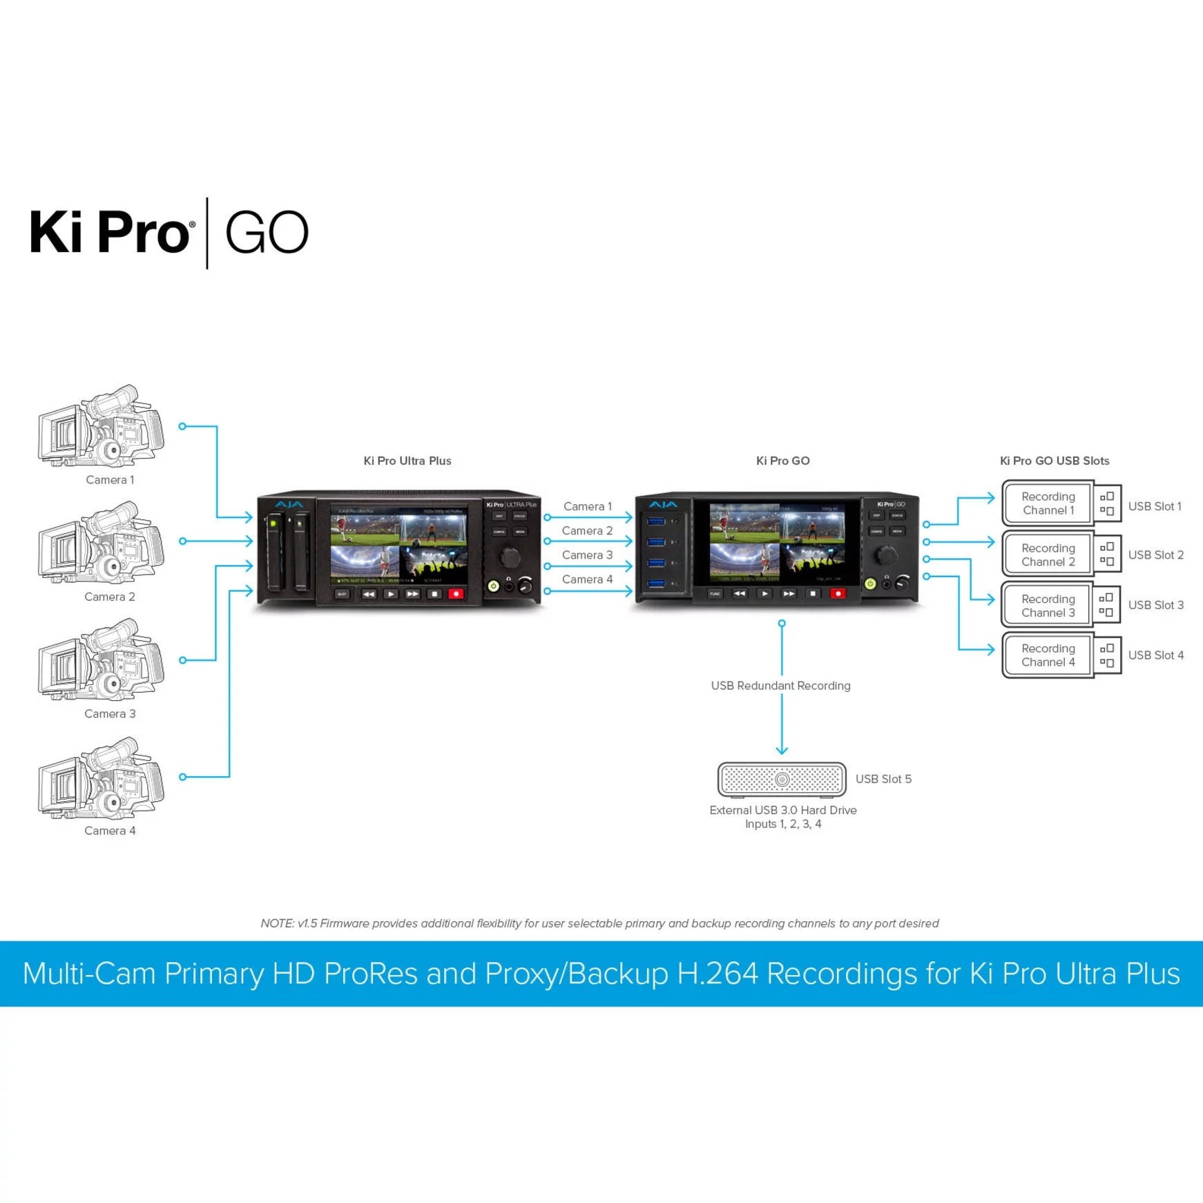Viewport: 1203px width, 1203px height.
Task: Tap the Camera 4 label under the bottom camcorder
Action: pos(110,831)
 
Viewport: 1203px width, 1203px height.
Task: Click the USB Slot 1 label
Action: pos(1155,506)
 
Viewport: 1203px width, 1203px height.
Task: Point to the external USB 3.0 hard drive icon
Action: pos(781,780)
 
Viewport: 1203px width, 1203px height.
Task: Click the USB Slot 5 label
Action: pos(883,779)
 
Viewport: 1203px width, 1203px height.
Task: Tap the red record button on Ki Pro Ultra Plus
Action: pos(456,594)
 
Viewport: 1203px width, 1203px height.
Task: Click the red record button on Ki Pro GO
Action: pos(838,593)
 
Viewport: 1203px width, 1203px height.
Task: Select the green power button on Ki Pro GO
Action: pos(870,584)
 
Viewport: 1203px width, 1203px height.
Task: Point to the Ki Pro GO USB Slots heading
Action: pos(1055,461)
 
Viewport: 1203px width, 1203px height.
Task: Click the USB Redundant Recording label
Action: pos(780,686)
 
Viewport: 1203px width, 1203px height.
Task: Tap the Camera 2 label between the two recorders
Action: pos(587,530)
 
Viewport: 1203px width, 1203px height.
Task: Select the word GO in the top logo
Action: pos(267,233)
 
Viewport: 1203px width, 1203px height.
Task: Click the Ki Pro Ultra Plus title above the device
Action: pos(407,461)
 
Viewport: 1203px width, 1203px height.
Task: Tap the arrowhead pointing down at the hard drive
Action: pos(782,751)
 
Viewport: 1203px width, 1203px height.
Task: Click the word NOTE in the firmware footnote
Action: pos(277,923)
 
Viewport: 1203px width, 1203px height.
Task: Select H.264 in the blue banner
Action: pos(718,974)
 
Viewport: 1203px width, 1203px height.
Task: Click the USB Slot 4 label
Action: pos(1155,655)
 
